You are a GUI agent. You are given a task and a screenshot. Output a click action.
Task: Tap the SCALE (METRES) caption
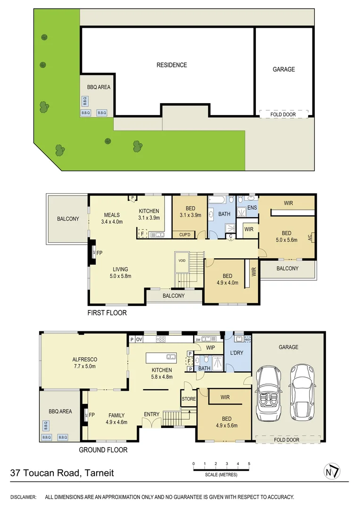(x=221, y=475)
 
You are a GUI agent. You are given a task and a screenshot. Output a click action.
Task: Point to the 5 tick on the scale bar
(x=249, y=464)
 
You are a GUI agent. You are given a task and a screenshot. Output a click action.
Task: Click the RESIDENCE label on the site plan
(x=172, y=65)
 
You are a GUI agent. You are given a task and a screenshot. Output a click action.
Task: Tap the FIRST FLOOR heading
(x=107, y=312)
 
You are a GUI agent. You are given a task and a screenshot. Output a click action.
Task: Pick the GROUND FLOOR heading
(x=103, y=450)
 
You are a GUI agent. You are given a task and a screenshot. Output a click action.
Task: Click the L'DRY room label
(x=237, y=353)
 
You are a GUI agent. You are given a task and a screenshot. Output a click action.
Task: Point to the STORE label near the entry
(x=188, y=399)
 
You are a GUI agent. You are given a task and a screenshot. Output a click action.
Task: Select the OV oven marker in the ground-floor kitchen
(x=139, y=339)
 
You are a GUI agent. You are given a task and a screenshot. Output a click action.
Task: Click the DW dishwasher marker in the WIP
(x=198, y=339)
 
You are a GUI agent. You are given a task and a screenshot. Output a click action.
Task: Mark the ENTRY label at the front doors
(x=152, y=414)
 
